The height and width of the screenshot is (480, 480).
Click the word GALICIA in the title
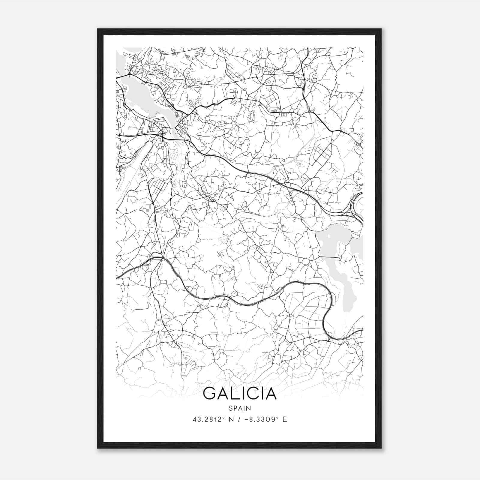240,394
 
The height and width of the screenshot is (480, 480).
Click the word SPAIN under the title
240,408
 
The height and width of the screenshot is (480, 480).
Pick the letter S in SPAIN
230,408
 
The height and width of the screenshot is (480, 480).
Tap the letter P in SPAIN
235,408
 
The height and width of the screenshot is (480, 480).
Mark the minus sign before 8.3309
247,419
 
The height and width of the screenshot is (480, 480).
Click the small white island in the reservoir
329,236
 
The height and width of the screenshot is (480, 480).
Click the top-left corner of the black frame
98,29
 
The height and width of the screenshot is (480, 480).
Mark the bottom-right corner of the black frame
381,448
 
